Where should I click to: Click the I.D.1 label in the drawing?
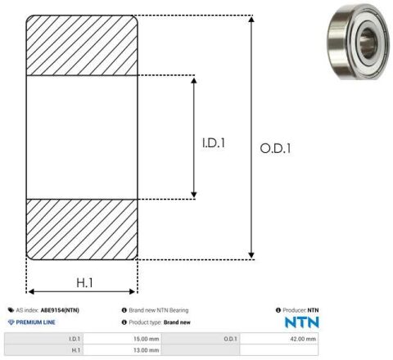[214, 143]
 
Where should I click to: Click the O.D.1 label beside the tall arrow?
[275, 149]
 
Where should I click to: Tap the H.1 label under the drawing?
[84, 283]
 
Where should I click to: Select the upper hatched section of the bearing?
[82, 45]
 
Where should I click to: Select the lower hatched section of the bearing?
[82, 229]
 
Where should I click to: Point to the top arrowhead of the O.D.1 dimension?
[251, 19]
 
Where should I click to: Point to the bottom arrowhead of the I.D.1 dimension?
[194, 195]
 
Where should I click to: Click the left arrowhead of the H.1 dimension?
[31, 291]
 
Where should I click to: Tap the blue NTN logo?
[302, 322]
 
